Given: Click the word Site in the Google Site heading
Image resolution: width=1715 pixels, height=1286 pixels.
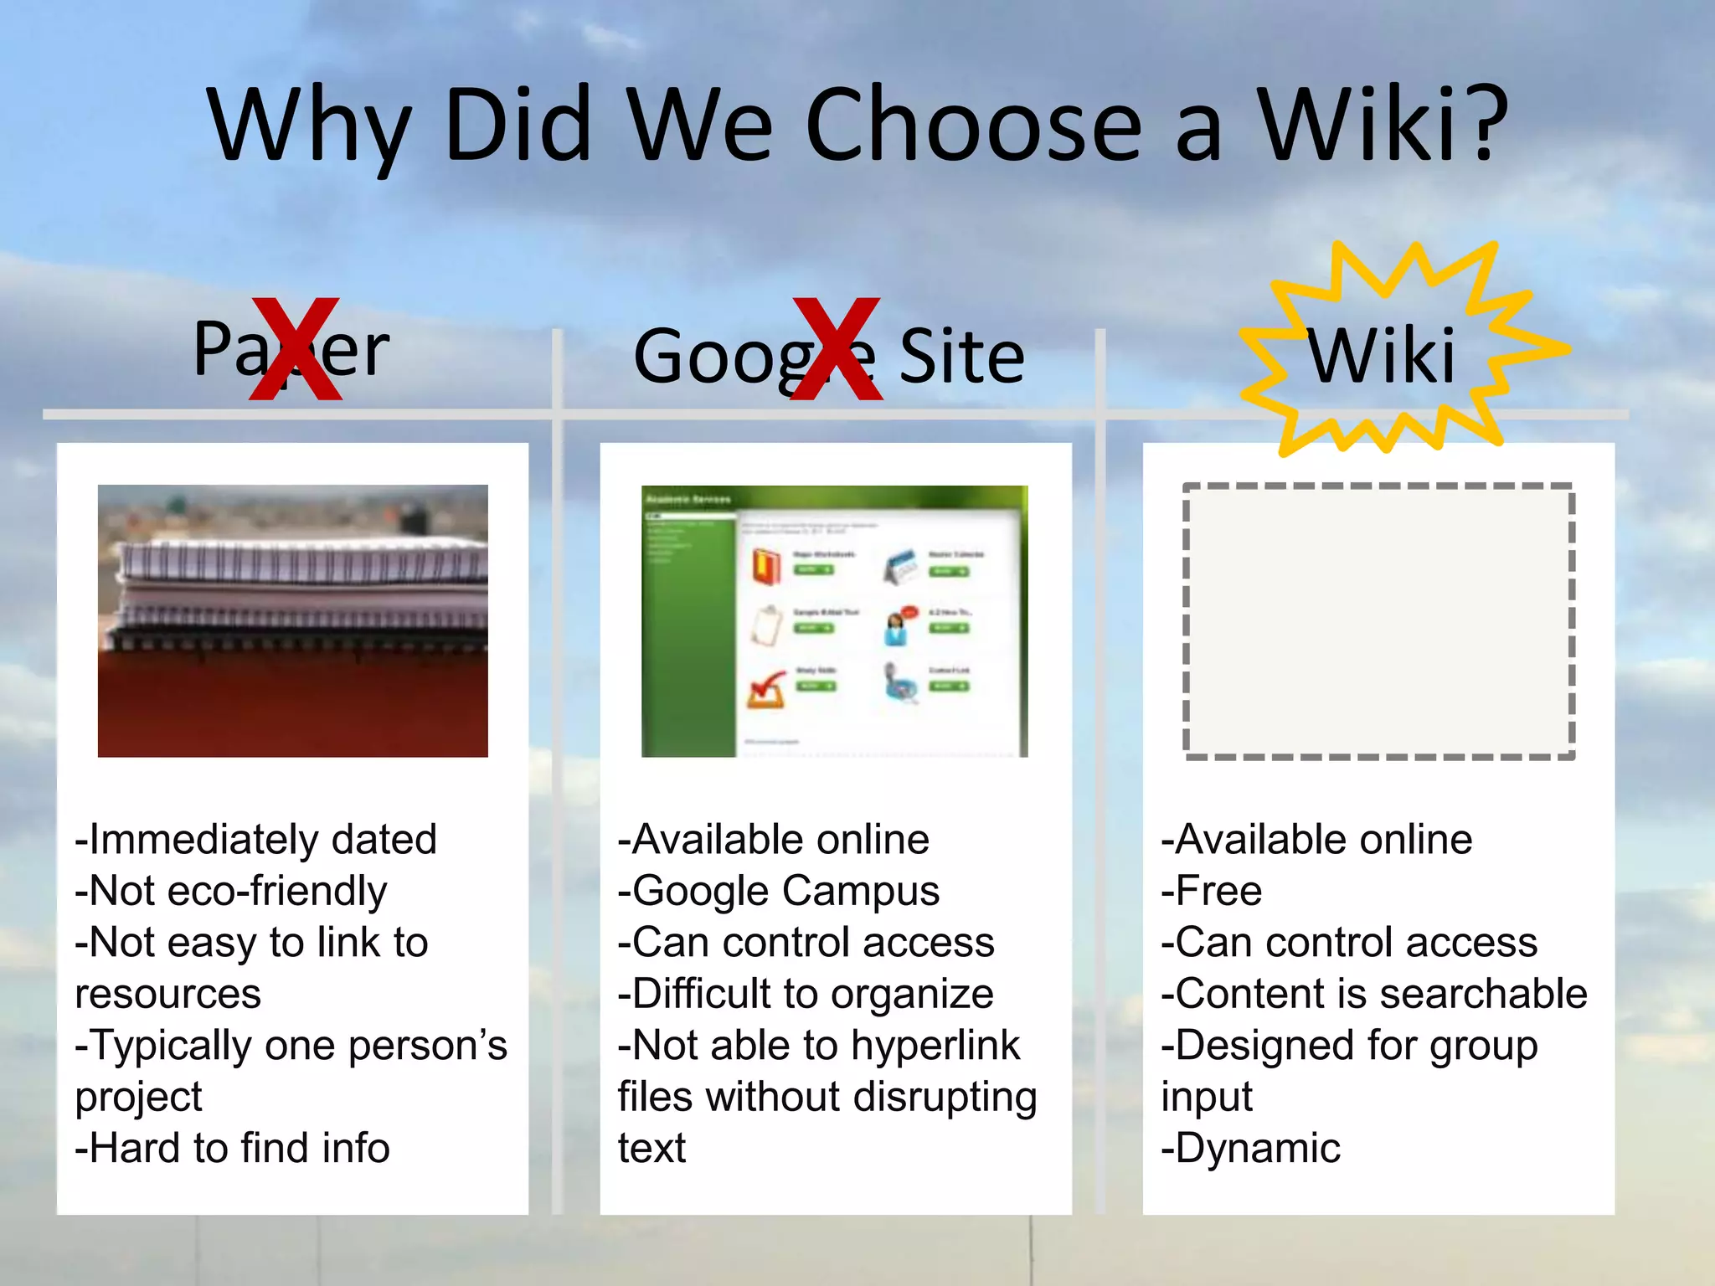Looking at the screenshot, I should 961,357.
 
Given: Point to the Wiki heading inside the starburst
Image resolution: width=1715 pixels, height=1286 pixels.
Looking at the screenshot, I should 1382,357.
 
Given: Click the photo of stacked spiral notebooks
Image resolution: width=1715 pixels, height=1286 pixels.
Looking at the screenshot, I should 292,620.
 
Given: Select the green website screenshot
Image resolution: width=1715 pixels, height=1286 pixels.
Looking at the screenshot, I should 834,620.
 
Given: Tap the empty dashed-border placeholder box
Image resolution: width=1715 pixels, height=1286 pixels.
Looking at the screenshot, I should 1378,620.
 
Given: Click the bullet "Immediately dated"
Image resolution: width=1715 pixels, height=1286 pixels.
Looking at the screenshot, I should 256,839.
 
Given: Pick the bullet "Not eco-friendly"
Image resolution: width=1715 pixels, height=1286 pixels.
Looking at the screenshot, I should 231,891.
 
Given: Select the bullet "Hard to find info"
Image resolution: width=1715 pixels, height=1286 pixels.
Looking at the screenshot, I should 233,1148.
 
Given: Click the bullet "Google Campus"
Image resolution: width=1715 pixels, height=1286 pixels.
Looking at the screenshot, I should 779,891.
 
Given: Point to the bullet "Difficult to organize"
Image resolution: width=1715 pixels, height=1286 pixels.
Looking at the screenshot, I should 806,994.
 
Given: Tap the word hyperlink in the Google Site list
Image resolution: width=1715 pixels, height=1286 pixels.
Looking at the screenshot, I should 935,1046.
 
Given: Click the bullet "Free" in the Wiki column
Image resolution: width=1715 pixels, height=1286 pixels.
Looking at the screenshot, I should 1212,891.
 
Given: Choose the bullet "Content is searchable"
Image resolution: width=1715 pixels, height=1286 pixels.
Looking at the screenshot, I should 1374,994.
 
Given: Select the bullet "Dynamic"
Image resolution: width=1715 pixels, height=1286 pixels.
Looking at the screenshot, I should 1251,1148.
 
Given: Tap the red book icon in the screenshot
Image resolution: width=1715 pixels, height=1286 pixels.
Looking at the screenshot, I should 765,567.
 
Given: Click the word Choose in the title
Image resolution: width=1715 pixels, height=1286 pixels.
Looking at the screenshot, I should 973,126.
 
